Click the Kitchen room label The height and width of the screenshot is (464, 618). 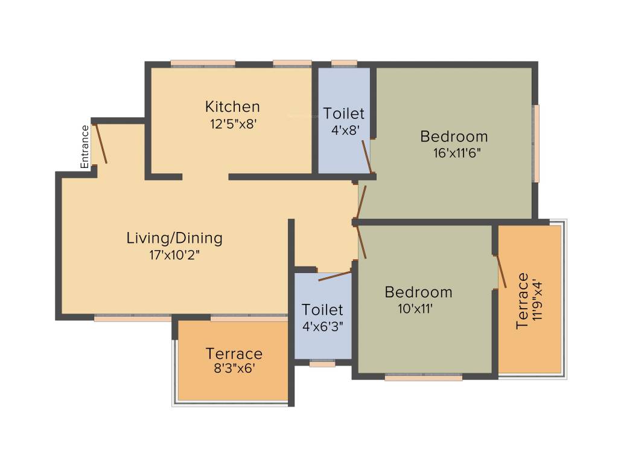click(x=232, y=107)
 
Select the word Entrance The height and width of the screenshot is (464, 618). click(x=85, y=146)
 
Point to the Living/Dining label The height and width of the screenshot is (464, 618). click(x=174, y=238)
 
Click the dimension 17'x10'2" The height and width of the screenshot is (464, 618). click(x=174, y=254)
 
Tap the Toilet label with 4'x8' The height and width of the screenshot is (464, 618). click(x=343, y=114)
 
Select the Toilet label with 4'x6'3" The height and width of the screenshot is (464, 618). click(x=322, y=310)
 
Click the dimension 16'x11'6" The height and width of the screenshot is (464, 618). click(x=457, y=152)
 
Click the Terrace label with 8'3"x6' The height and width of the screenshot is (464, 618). click(x=234, y=353)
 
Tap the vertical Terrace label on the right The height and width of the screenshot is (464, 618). click(x=522, y=301)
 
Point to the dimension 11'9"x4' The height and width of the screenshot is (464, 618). click(x=538, y=301)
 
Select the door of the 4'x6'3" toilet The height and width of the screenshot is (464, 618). click(x=334, y=276)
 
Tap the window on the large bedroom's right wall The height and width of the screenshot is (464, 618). click(x=536, y=143)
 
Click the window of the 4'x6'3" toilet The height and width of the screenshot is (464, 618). click(x=322, y=364)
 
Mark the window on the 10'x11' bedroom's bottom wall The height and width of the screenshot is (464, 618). click(x=424, y=377)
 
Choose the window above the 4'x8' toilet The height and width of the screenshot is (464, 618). click(x=344, y=62)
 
